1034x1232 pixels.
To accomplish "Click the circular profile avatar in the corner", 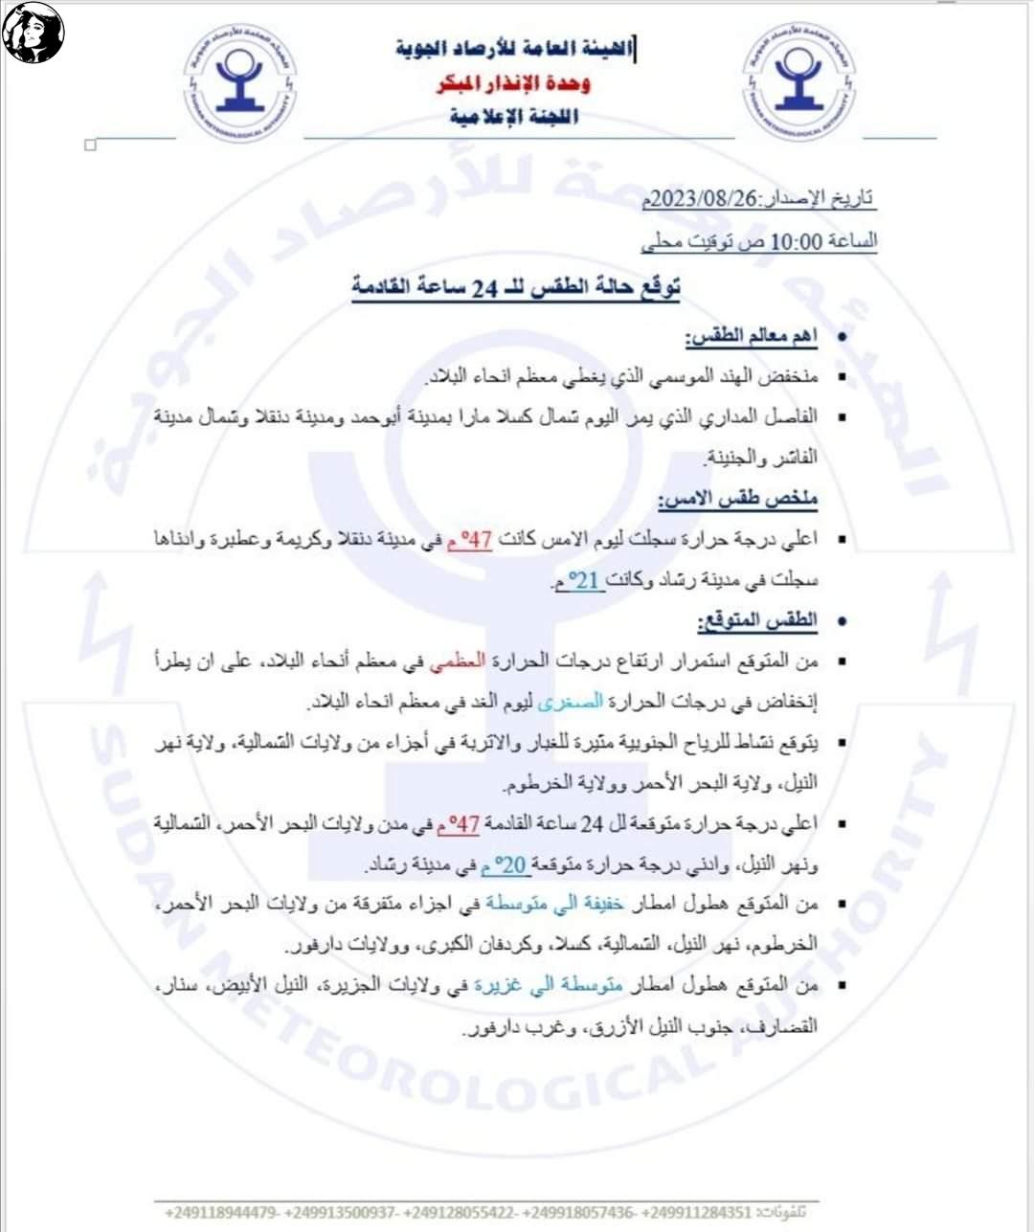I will click(34, 33).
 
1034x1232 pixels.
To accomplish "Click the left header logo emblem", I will click(239, 83).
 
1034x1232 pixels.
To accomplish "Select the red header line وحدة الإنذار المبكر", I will click(514, 83).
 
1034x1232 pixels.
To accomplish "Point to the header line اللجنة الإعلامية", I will click(514, 117).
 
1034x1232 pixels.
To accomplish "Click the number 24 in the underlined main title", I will click(484, 287).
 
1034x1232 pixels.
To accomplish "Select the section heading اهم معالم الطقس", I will click(751, 336).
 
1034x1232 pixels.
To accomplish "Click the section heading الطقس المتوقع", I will click(756, 620).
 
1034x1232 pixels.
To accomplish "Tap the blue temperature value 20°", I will click(511, 865).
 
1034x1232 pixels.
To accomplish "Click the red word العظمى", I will click(458, 661).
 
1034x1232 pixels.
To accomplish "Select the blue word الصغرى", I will click(571, 702).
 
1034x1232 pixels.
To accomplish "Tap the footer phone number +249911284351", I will click(696, 1212).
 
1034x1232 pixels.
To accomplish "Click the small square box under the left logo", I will click(91, 146).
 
